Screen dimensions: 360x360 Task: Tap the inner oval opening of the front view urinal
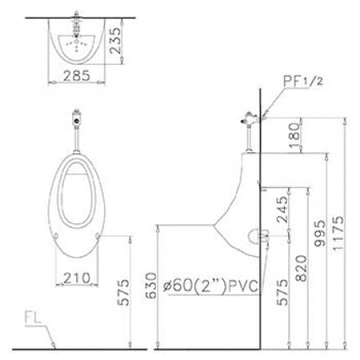tap(78, 191)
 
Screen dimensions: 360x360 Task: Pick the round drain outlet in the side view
tap(261, 236)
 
